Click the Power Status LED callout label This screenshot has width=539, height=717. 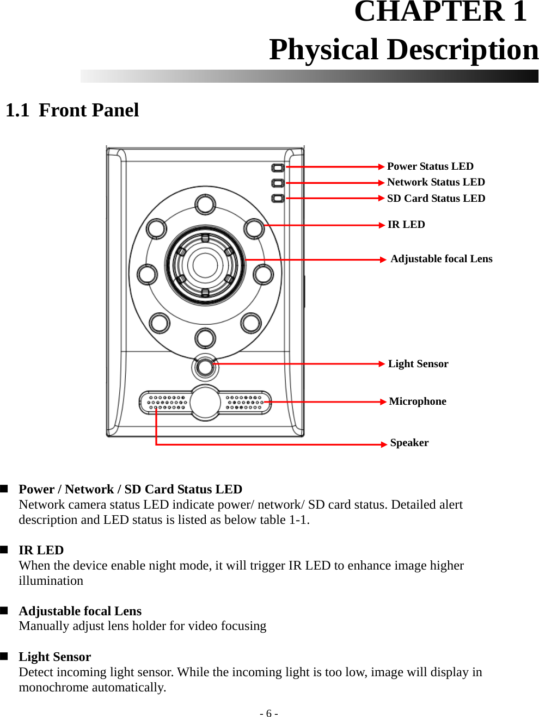[430, 166]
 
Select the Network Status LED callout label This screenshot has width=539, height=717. [436, 182]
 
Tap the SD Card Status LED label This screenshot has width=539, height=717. [436, 199]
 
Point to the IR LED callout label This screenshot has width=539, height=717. [406, 225]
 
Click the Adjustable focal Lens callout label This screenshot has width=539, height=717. [441, 259]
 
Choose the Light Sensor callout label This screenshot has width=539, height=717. [418, 364]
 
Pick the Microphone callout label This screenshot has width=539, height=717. [418, 401]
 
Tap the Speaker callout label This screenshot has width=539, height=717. [409, 443]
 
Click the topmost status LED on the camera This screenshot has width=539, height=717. [278, 168]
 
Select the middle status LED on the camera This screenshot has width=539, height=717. [278, 183]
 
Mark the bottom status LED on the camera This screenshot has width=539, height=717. [278, 199]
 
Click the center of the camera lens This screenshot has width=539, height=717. [205, 265]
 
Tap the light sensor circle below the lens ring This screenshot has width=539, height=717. [205, 367]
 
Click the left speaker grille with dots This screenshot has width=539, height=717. [167, 403]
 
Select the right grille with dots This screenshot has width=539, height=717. [244, 403]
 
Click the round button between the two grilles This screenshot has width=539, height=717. [205, 403]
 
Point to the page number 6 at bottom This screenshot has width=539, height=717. [268, 714]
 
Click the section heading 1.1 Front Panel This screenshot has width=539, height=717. [72, 110]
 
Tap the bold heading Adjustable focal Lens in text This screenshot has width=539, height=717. [80, 611]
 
